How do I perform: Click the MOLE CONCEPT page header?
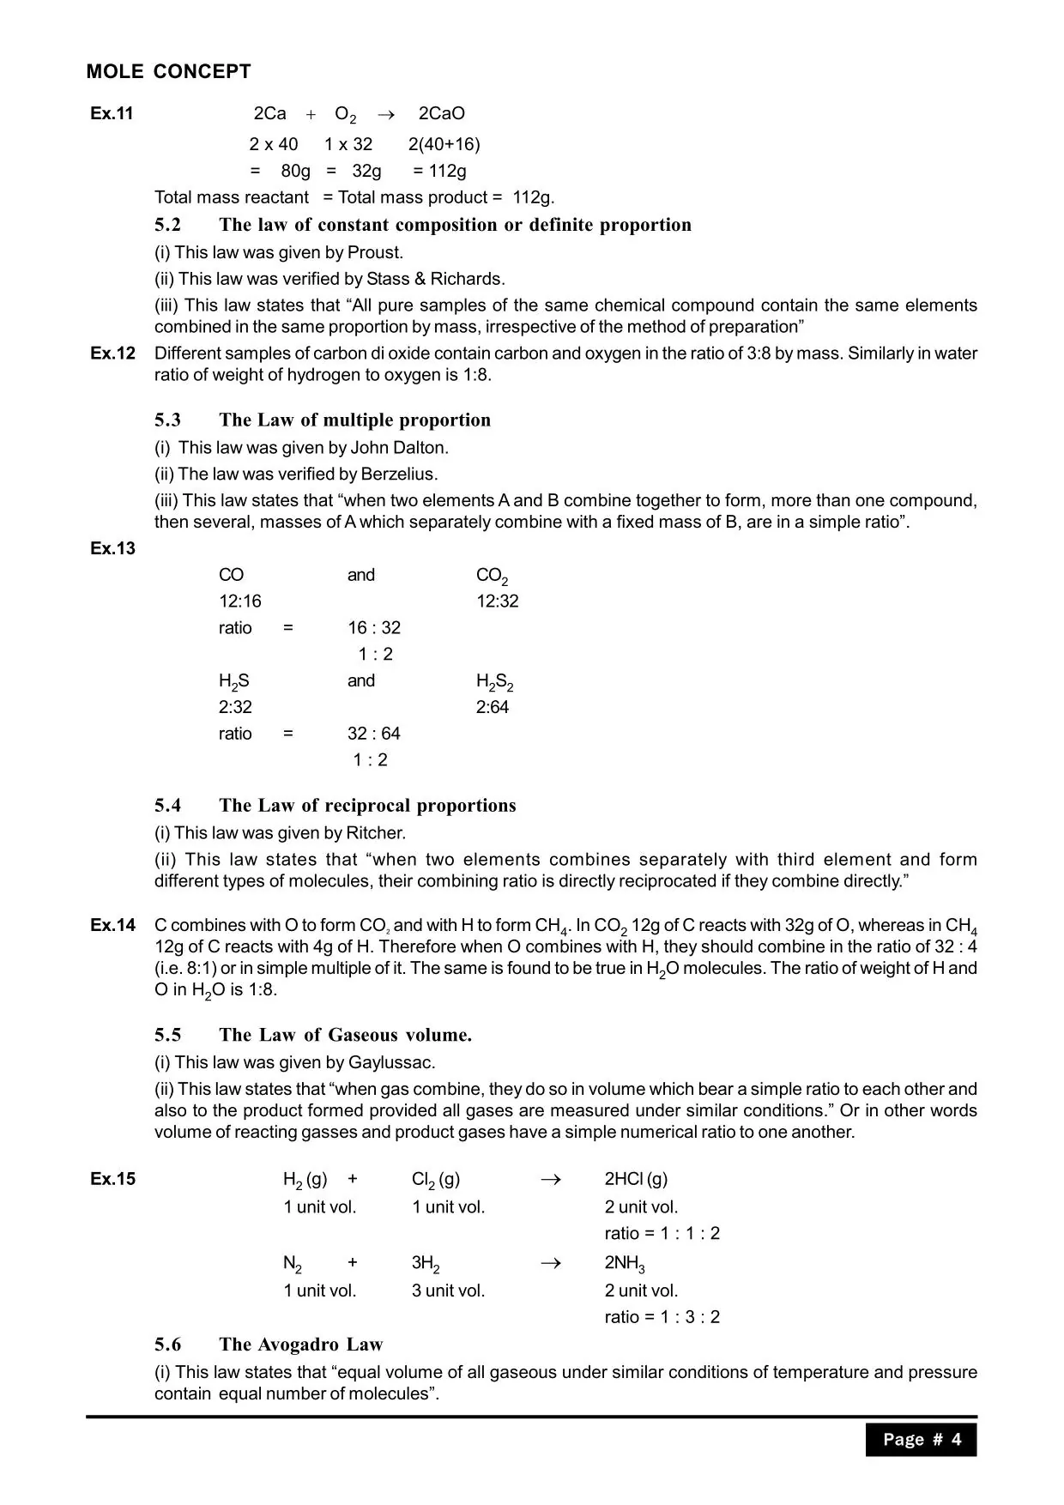(168, 72)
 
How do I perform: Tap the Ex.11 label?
(112, 114)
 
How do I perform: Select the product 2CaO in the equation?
(441, 114)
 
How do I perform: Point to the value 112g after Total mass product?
(533, 197)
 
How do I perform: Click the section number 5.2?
(168, 226)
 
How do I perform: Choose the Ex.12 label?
(112, 354)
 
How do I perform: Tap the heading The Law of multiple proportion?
(354, 420)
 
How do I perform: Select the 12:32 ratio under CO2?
(498, 601)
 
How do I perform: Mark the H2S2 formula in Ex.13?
(494, 682)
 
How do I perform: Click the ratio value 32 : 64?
(373, 734)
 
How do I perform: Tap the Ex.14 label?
(112, 925)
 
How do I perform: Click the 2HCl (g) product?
(636, 1179)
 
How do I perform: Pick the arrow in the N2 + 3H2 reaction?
(551, 1263)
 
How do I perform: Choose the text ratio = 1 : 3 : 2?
(662, 1317)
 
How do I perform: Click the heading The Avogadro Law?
(300, 1345)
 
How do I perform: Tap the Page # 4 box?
(921, 1440)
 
